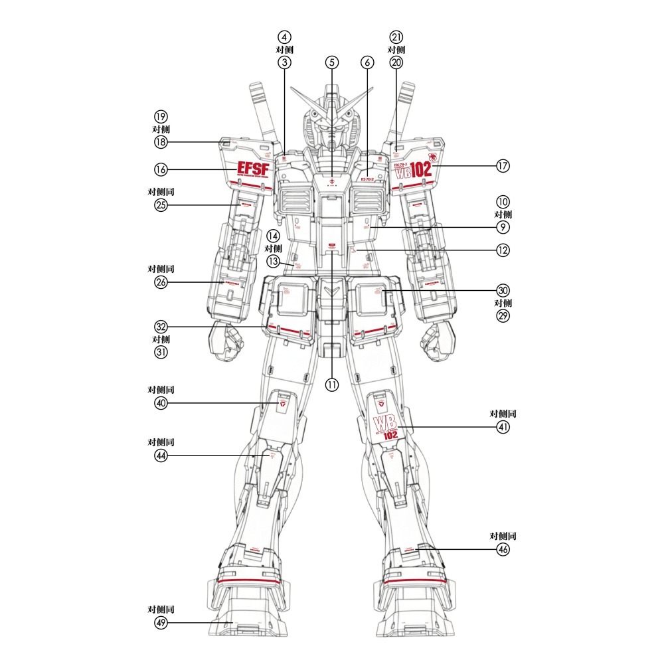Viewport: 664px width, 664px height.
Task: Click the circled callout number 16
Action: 161,169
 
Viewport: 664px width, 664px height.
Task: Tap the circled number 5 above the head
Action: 332,62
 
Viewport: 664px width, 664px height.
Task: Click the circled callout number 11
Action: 332,384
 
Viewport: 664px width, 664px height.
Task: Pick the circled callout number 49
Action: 161,622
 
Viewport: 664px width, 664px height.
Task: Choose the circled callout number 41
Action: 503,428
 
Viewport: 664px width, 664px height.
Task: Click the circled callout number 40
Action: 161,404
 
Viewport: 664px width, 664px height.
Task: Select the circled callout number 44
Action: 161,456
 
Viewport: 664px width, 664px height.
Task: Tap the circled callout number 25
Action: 161,205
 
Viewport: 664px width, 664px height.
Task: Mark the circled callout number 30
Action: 503,290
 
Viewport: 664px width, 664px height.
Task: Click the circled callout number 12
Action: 503,250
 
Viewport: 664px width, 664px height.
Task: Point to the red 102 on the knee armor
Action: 390,436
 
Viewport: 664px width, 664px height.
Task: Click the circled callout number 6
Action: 368,62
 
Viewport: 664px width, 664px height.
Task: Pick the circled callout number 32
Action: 161,327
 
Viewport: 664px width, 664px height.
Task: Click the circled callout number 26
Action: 161,282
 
